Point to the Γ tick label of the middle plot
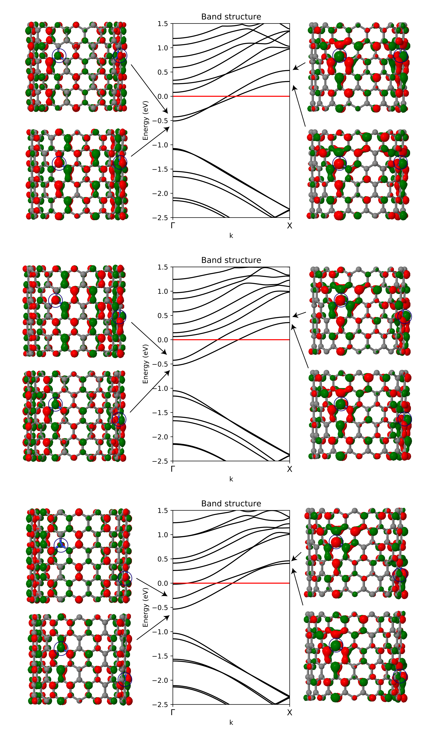click(173, 469)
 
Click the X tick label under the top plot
click(289, 226)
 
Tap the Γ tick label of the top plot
click(173, 226)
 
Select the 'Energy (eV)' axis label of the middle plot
click(145, 364)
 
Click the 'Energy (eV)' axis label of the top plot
click(145, 121)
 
